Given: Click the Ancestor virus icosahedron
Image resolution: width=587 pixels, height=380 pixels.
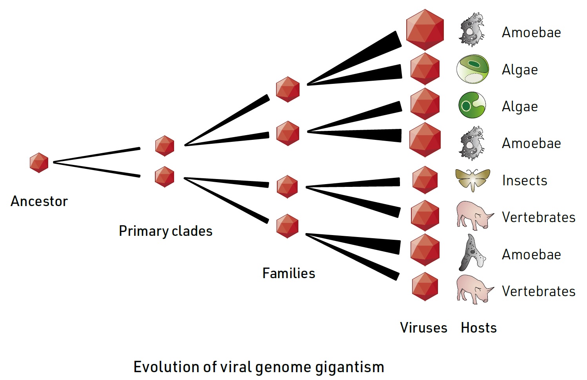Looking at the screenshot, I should (39, 163).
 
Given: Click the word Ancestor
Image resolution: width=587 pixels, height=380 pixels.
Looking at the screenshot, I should (39, 201).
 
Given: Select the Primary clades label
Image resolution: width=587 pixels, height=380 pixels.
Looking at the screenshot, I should (165, 231).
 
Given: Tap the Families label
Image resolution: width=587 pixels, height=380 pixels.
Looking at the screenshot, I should (289, 273).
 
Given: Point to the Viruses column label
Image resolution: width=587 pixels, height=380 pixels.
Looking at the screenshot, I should (423, 328).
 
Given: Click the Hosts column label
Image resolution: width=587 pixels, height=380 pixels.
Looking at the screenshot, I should (478, 328).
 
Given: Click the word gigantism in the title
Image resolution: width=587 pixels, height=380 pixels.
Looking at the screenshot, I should (349, 367).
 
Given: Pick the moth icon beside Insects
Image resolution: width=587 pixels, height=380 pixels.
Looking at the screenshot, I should (473, 180).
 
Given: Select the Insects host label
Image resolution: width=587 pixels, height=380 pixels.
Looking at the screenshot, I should (524, 181).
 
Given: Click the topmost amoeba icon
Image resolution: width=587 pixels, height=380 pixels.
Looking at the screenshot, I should (472, 30).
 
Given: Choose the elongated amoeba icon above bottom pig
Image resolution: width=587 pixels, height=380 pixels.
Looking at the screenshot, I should (472, 253).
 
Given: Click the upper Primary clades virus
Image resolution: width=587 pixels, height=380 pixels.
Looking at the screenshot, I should (165, 146).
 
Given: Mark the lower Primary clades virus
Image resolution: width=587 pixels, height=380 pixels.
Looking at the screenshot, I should (165, 177).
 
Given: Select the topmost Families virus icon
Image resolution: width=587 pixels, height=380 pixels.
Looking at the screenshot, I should (287, 89).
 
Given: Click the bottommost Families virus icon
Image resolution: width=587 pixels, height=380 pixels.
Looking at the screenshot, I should (287, 226).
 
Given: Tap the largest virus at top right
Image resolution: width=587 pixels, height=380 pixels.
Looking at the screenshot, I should (425, 30).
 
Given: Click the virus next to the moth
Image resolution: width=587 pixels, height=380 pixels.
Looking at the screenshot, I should (425, 180).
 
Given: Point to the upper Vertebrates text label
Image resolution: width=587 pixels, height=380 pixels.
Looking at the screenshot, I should (538, 217).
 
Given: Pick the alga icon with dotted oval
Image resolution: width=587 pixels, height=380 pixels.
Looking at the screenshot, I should (473, 69).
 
